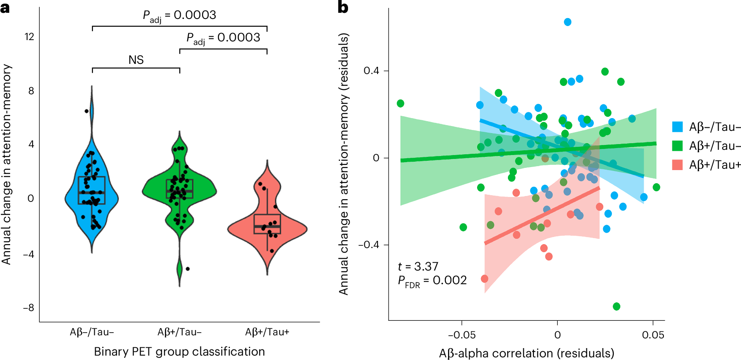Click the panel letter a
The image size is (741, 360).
(5, 7)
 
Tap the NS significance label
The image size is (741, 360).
(136, 60)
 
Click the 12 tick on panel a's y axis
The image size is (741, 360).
(29, 37)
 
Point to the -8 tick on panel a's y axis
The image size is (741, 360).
(28, 308)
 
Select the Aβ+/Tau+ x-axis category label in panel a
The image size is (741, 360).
(267, 332)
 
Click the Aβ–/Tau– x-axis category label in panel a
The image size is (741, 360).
(92, 332)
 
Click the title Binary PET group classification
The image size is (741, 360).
(179, 351)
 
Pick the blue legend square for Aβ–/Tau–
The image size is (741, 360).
(677, 127)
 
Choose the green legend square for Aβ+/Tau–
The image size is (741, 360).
(677, 146)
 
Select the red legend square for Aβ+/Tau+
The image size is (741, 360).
(677, 165)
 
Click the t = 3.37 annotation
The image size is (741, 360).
(418, 267)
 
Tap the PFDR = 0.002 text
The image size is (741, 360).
(432, 281)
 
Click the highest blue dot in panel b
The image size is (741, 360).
(567, 22)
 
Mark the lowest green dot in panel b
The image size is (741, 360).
(616, 306)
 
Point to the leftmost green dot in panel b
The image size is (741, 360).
(400, 104)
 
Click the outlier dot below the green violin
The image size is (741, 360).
(188, 269)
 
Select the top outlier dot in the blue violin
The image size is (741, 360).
(87, 111)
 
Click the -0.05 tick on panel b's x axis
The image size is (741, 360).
(462, 335)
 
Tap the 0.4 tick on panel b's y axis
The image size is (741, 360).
(371, 71)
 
